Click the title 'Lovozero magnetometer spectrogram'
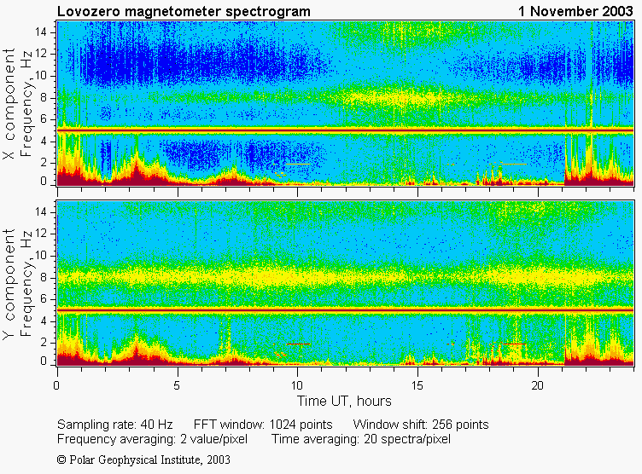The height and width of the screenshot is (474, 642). point(184,11)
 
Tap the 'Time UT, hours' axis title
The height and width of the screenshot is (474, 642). point(344,401)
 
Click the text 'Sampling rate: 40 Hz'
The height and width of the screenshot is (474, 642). point(116,425)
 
